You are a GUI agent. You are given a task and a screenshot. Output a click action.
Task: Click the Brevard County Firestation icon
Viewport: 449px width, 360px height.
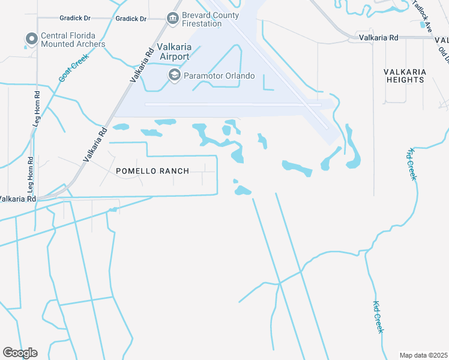pos(173,19)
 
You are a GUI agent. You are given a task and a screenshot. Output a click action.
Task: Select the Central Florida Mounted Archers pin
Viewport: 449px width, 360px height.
pos(31,40)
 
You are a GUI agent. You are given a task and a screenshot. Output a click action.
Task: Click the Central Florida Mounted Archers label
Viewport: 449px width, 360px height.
pos(73,40)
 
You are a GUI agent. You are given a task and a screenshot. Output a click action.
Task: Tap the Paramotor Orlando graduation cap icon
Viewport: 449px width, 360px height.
pos(174,75)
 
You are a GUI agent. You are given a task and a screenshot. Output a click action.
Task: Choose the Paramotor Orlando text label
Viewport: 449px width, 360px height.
pos(220,76)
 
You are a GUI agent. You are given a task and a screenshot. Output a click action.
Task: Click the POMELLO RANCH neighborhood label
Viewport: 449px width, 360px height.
pos(152,171)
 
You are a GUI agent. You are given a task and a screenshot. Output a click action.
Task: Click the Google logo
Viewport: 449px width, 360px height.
pos(20,353)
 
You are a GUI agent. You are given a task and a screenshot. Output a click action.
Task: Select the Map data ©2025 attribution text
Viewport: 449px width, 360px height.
pos(423,355)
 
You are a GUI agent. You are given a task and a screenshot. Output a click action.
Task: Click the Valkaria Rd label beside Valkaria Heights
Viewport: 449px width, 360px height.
pos(378,37)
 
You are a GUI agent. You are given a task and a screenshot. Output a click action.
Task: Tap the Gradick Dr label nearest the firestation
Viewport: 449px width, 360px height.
pos(131,19)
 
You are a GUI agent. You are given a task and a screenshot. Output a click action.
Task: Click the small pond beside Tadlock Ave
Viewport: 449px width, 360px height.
pos(423,25)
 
